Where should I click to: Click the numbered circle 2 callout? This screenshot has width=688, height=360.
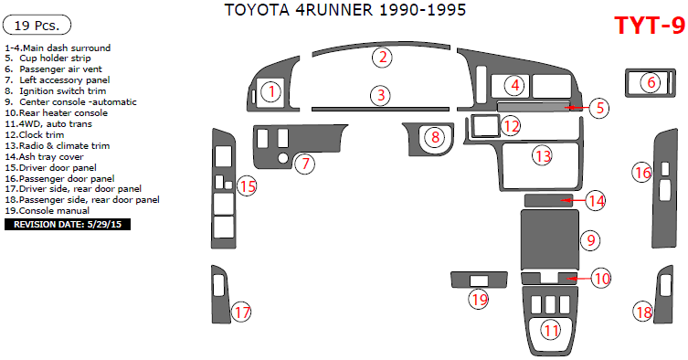tap(385, 58)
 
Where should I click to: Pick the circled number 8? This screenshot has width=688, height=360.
tap(436, 137)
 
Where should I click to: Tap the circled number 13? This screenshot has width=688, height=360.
tap(543, 156)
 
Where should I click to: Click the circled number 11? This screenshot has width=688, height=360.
tap(550, 330)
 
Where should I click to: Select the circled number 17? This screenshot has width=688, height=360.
tap(241, 312)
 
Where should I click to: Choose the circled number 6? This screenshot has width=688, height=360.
tap(651, 82)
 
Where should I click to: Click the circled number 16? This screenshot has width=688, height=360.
tap(643, 171)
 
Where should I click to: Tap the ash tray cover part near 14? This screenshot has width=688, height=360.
tap(546, 200)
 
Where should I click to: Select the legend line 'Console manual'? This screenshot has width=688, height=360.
tap(51, 210)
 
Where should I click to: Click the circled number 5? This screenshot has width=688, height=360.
tap(598, 108)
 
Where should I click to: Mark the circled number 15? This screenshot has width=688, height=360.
tap(247, 186)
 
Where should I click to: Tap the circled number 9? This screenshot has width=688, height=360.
tap(591, 240)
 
